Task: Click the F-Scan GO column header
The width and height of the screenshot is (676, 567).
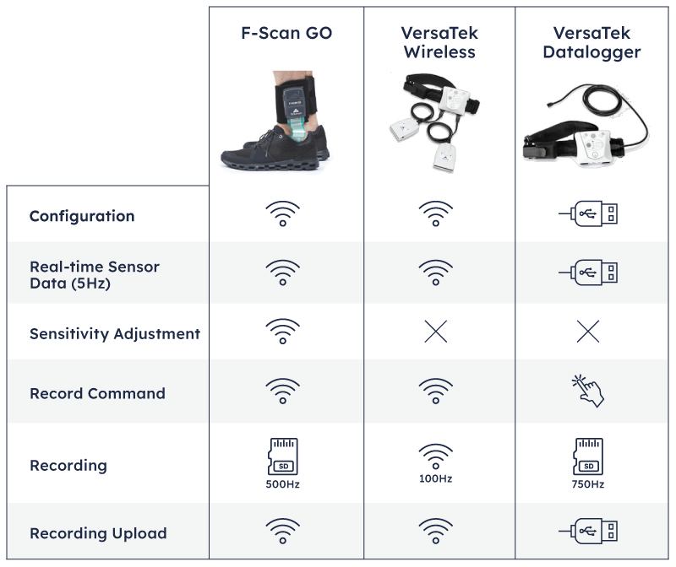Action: pos(286,33)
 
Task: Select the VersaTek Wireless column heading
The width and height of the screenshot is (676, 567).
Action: pos(439,42)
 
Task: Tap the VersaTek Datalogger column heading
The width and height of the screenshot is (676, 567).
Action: pos(591,42)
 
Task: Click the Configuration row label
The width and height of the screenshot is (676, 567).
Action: pos(82,216)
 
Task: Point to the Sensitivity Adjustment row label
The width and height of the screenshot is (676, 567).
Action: pos(115,333)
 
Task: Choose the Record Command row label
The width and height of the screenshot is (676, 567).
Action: pos(97,393)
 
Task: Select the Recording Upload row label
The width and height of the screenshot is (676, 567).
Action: pos(98,533)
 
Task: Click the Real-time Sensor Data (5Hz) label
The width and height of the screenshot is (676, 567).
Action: pos(95,275)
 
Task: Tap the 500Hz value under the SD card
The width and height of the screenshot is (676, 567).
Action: pos(283,484)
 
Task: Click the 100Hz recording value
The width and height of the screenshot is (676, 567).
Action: pos(435,478)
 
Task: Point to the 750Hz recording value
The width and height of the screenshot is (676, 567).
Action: pos(588,484)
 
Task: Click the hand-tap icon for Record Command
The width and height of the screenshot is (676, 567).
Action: pos(587,391)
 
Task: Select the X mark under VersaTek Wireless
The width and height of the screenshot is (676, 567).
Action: pos(436,332)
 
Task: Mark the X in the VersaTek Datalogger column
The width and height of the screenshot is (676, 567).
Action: pos(588,332)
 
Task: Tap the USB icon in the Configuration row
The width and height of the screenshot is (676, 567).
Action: pos(588,213)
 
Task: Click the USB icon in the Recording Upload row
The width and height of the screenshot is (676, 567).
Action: pos(588,531)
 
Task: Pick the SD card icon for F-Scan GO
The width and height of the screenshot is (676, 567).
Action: pos(283,456)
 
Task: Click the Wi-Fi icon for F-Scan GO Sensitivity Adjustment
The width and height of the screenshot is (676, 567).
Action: pos(283,332)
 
